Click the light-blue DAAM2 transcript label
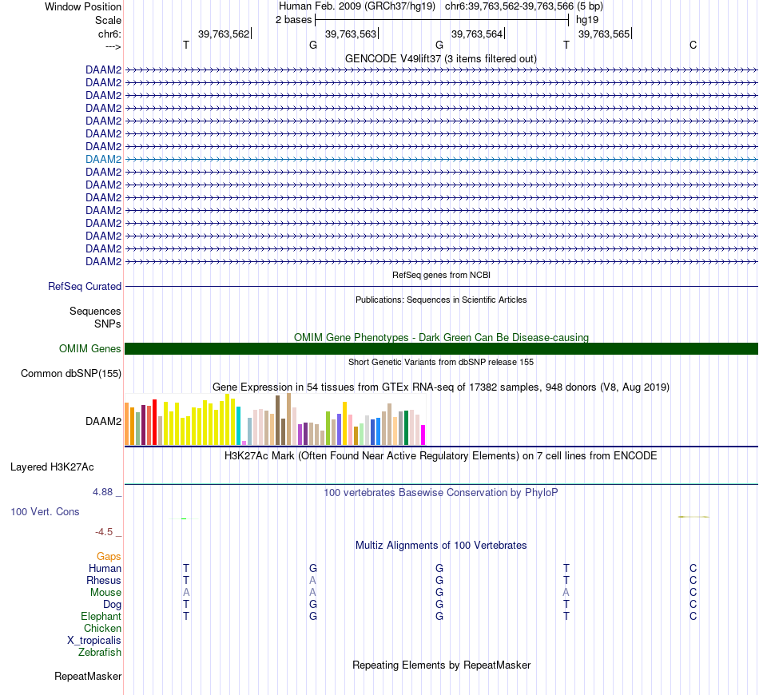[x=103, y=159]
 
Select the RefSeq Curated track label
[x=85, y=286]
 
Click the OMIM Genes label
[x=90, y=348]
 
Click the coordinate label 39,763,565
[x=603, y=34]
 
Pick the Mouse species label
[x=105, y=592]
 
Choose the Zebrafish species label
[x=100, y=652]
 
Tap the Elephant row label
[x=101, y=616]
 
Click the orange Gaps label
[x=109, y=556]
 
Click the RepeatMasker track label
[x=88, y=677]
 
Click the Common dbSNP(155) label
[x=71, y=373]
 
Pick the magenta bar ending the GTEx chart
[x=423, y=435]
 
